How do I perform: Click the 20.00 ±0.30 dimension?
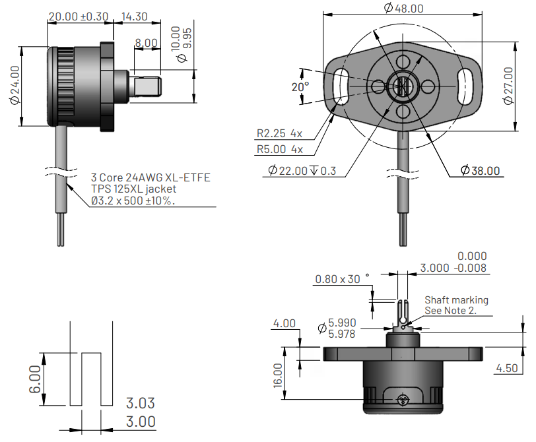click(78, 16)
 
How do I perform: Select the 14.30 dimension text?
click(135, 16)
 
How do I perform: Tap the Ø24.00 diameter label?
click(15, 86)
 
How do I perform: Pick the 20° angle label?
click(300, 87)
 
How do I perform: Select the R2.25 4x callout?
click(280, 133)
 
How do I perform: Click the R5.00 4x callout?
click(280, 149)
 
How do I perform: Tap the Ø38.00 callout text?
click(481, 170)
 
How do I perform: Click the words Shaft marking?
click(456, 300)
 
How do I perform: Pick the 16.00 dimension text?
click(278, 374)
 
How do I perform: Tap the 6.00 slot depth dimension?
click(34, 379)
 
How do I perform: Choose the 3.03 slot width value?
click(141, 403)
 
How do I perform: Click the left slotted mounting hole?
click(341, 85)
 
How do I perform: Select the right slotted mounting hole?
click(463, 85)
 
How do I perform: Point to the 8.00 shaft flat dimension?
click(146, 43)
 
